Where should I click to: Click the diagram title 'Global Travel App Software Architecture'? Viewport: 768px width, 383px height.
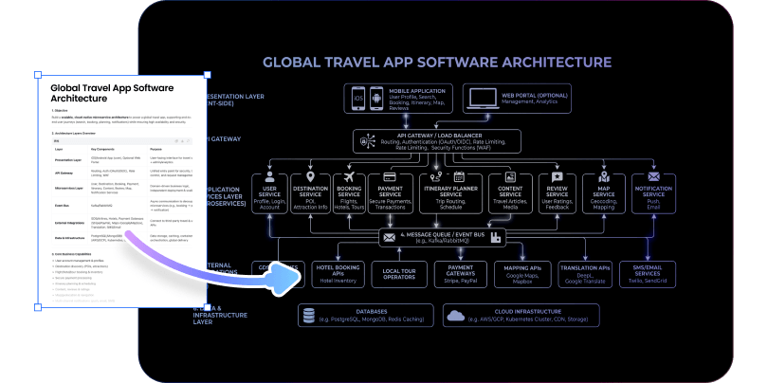pos(436,63)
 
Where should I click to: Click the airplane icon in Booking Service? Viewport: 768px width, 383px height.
pos(350,177)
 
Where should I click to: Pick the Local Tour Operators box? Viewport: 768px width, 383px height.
pos(399,274)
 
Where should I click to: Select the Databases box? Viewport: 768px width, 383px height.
pos(364,315)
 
